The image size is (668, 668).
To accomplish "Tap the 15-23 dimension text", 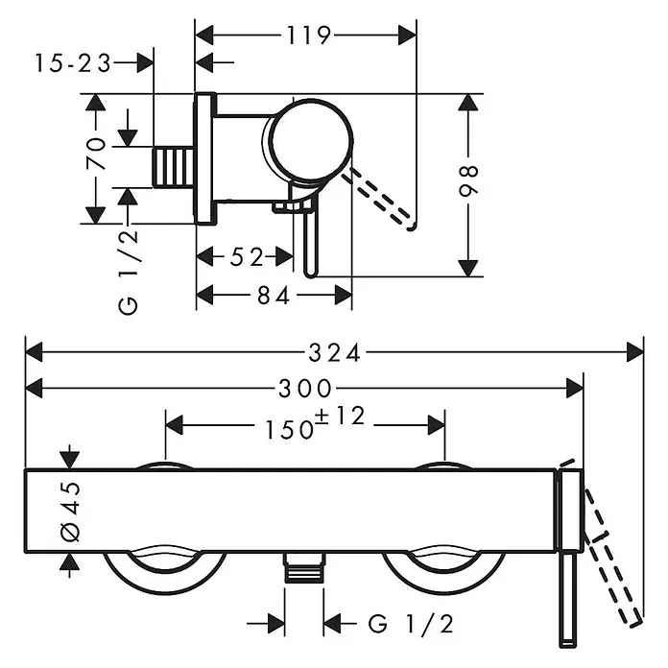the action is [x=72, y=63].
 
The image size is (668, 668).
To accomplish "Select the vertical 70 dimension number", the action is [x=96, y=154].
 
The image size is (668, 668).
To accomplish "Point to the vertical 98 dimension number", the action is [x=468, y=180].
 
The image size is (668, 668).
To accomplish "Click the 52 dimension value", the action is [x=247, y=257].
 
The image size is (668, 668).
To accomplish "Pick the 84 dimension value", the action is [x=274, y=296].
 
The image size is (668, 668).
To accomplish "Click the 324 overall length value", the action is [x=334, y=353].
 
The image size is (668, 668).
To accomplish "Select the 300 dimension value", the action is [x=305, y=389].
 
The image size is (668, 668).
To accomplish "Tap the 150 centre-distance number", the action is [x=289, y=429].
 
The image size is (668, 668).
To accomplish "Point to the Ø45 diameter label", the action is [x=71, y=512].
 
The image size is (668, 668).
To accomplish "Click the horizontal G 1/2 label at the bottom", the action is [x=410, y=625].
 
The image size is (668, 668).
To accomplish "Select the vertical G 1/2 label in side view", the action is [x=129, y=272].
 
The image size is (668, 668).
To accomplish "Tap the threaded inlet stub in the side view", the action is [x=173, y=167].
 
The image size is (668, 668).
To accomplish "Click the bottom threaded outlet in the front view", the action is [x=304, y=567].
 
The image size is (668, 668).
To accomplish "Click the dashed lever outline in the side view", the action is [x=380, y=198].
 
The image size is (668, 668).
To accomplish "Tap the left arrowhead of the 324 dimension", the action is [x=35, y=353].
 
